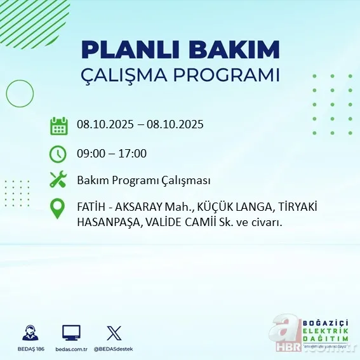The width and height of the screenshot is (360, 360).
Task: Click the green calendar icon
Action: click(x=58, y=125)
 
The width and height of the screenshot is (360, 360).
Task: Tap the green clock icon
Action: click(x=58, y=153)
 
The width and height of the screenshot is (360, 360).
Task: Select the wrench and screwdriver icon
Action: click(x=58, y=180)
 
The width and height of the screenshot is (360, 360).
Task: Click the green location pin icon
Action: click(x=58, y=209)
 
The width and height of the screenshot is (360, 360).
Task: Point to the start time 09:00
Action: click(x=90, y=153)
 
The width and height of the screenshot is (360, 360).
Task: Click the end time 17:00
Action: click(x=133, y=153)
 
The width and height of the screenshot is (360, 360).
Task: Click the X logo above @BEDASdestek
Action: click(x=114, y=333)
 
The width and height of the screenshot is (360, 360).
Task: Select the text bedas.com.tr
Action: click(x=71, y=349)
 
